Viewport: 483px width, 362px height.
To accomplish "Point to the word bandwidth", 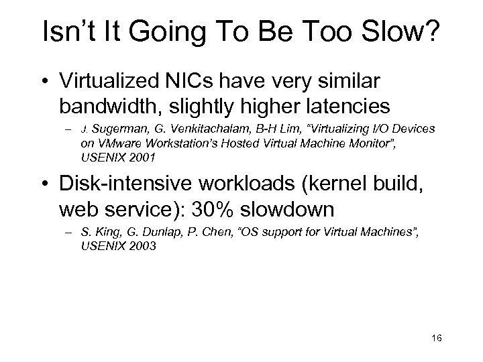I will click(x=105, y=106).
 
